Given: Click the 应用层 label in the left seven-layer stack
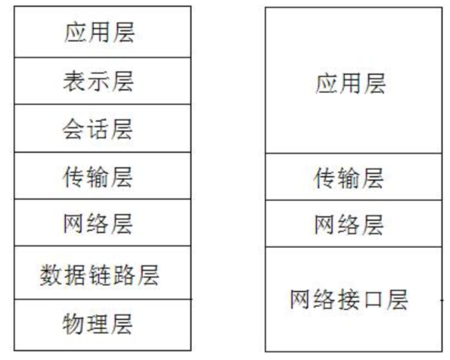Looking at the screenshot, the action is (99, 33).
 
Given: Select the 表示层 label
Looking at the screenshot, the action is (99, 81).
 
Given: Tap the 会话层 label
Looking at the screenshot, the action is (99, 128).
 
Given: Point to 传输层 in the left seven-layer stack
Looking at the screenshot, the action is (99, 176).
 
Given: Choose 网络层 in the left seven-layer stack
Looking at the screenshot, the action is (99, 223).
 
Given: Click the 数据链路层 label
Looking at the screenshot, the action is (99, 274).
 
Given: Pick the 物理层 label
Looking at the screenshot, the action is (99, 324).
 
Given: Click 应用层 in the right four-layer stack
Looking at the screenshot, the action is (350, 84).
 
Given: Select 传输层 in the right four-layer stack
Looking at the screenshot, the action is (350, 178).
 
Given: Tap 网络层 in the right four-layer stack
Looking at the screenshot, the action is (350, 224).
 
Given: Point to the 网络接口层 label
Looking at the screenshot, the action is (350, 299).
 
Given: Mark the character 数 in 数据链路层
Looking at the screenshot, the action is (50, 274).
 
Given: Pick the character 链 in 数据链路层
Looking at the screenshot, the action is (99, 274).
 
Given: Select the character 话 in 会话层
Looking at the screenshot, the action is (99, 128).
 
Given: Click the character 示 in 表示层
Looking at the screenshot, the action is (99, 81).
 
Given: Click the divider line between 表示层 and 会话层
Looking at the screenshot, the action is (99, 105).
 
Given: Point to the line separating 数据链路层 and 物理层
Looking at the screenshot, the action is (99, 299).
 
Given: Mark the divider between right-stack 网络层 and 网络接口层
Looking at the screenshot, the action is (350, 247).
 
